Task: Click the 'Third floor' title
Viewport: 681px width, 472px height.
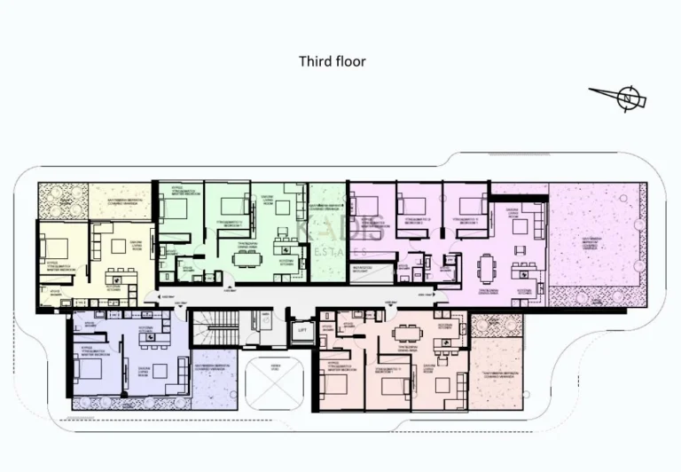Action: coord(333,61)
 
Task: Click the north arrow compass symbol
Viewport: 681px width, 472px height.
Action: coord(626,98)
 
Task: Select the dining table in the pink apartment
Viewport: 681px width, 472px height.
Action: coord(489,265)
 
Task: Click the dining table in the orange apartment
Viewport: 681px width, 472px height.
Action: coord(407,332)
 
